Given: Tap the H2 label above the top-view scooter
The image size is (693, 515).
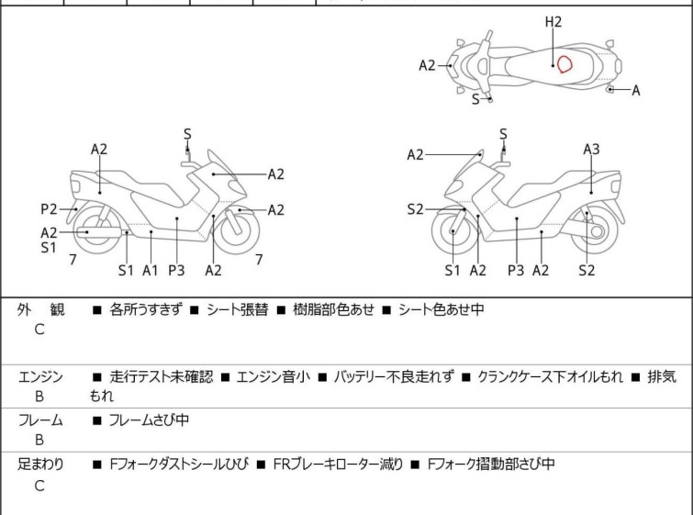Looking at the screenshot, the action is click(x=553, y=22).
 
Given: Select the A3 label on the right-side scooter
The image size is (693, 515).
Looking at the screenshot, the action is click(x=591, y=150).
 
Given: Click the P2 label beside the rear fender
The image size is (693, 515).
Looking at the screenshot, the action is click(x=49, y=209).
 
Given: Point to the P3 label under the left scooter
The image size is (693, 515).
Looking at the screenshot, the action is click(x=176, y=270).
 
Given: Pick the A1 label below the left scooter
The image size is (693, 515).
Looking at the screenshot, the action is click(x=151, y=270).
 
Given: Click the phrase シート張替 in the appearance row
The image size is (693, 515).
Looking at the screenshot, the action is click(x=238, y=309).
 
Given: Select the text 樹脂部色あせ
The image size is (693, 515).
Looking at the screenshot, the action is click(x=334, y=309).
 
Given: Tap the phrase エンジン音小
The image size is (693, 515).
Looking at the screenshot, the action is click(x=274, y=376).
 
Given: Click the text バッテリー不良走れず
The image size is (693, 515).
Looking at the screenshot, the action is click(x=394, y=376).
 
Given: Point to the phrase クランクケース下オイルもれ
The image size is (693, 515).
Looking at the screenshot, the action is click(x=550, y=376).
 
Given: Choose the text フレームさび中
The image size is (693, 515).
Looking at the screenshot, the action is click(x=149, y=420).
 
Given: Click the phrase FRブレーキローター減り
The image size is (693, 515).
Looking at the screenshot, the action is click(x=338, y=465).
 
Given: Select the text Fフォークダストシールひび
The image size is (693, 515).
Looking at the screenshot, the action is click(x=179, y=465).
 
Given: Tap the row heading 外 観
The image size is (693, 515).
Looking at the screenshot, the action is click(x=40, y=309).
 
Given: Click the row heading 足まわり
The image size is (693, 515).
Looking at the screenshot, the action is click(x=40, y=465).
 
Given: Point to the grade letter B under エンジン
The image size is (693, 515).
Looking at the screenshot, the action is click(x=39, y=397).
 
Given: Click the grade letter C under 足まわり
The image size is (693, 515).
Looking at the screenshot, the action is click(x=39, y=486).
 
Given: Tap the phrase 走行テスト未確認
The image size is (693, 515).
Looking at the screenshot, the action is click(x=162, y=376).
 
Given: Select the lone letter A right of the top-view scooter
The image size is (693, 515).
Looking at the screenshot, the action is click(x=636, y=91).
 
